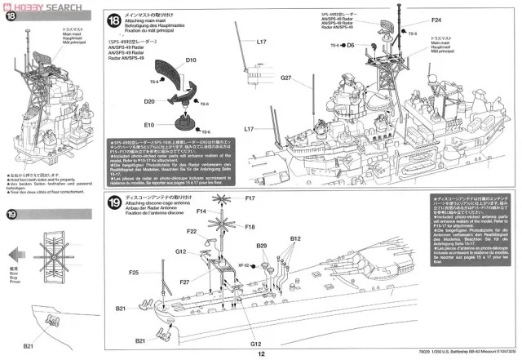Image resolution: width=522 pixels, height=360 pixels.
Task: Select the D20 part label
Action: pyautogui.click(x=150, y=101)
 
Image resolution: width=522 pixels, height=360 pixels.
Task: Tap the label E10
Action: pyautogui.click(x=149, y=126)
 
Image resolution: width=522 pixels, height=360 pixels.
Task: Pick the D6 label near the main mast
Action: pyautogui.click(x=352, y=46)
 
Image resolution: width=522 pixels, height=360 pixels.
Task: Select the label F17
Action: pyautogui.click(x=250, y=198)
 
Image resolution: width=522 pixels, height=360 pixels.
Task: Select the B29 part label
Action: pyautogui.click(x=262, y=245)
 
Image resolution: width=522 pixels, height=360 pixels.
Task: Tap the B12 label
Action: pyautogui.click(x=296, y=239)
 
